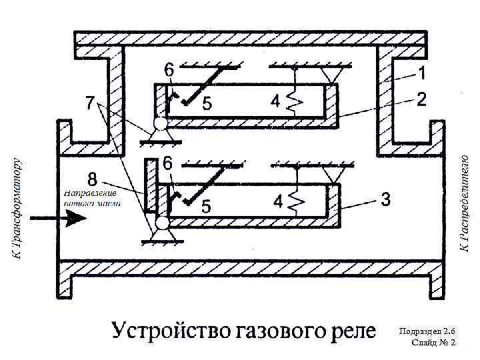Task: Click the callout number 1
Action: (423, 69)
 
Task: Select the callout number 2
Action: (421, 99)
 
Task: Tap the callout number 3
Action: (385, 198)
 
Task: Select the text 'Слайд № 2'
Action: (433, 343)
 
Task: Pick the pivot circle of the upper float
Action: (160, 123)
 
